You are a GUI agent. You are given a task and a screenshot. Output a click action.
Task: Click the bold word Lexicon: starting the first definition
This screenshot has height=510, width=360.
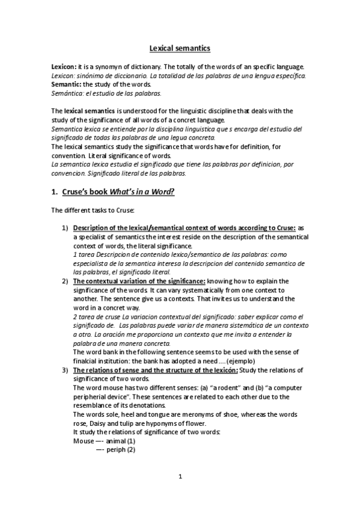(x=63, y=66)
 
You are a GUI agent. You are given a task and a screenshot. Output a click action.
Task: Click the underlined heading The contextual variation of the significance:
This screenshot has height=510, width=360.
(x=139, y=281)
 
